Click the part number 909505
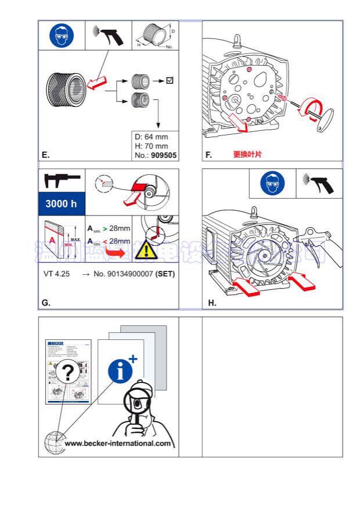click(x=164, y=155)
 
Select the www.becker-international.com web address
click(x=118, y=443)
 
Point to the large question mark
click(x=68, y=373)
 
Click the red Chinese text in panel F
click(x=247, y=155)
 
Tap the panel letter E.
click(x=45, y=155)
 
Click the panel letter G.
click(x=46, y=302)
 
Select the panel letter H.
click(x=212, y=302)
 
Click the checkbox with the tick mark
click(x=170, y=80)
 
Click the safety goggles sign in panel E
click(x=61, y=36)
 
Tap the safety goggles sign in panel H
click(x=272, y=184)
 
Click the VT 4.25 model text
click(x=57, y=273)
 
